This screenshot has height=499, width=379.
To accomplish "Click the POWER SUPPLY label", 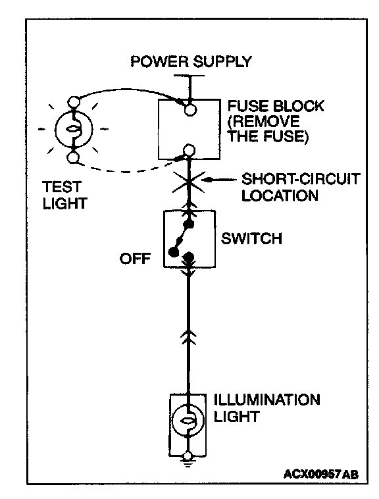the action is (x=191, y=61).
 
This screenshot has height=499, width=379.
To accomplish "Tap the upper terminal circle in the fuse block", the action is (x=190, y=110).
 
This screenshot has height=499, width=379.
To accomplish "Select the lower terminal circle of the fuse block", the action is (x=189, y=150).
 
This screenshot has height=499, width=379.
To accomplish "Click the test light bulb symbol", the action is (x=74, y=130).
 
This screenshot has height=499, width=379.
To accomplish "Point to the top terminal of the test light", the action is (x=74, y=102).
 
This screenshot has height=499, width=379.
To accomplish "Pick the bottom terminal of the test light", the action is (x=74, y=158).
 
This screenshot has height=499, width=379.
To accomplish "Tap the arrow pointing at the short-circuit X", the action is (x=220, y=180).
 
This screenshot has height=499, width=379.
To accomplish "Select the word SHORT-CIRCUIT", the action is (x=301, y=179).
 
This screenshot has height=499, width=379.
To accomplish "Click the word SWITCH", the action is (x=251, y=239).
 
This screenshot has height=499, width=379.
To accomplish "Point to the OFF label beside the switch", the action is (x=135, y=259).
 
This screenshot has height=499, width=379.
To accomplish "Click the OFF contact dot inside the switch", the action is (x=173, y=252).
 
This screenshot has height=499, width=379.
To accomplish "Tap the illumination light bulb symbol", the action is (x=188, y=420).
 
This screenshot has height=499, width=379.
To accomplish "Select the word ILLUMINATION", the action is (x=267, y=400).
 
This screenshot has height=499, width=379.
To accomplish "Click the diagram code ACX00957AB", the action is (x=321, y=474).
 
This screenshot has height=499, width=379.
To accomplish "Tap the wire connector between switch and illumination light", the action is (x=188, y=337).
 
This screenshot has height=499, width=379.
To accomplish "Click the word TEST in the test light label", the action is (x=62, y=187).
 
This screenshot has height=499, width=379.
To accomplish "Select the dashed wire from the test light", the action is (x=127, y=171).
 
